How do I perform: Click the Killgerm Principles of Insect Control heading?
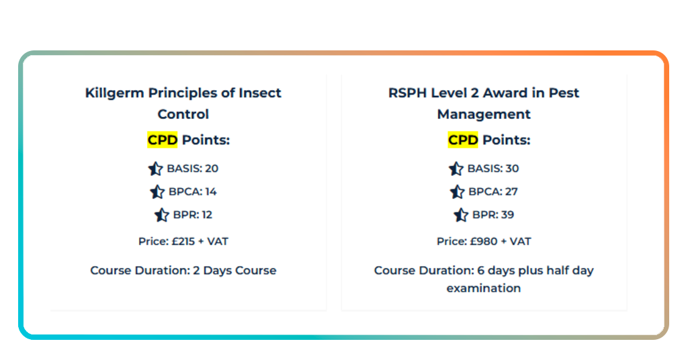coord(183,103)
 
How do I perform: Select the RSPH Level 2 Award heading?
coord(484,103)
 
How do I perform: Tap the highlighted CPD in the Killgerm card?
coord(163,140)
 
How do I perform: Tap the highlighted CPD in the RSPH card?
coord(463,140)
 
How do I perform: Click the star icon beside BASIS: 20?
coord(155,169)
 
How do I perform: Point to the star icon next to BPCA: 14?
coord(157,192)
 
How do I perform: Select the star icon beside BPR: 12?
coord(161,215)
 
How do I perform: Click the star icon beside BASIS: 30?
coord(456,169)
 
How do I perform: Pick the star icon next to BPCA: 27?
coord(458,192)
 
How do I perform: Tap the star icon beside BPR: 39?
coord(461,215)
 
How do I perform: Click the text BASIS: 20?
coord(192,169)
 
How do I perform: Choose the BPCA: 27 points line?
coord(493,192)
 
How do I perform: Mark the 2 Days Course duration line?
coord(183,271)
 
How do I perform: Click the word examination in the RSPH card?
coord(484,288)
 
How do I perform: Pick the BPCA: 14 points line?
coord(192,192)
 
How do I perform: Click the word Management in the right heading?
coord(484,114)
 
